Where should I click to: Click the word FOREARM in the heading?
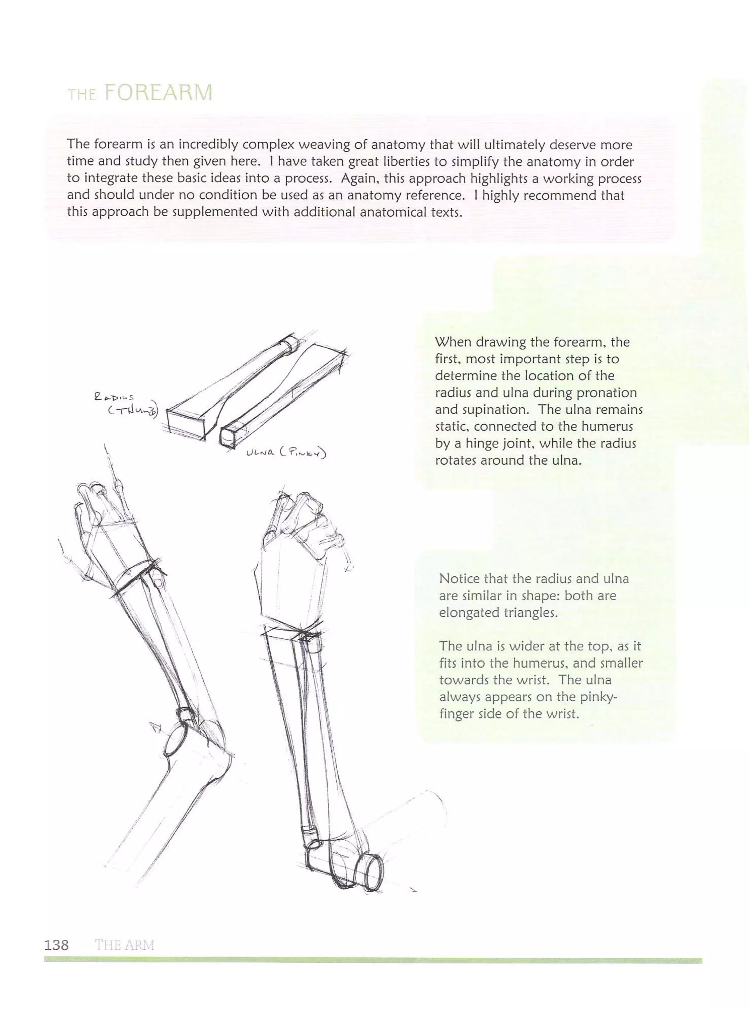pyautogui.click(x=158, y=93)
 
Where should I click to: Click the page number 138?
pyautogui.click(x=57, y=945)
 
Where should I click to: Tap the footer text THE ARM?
pyautogui.click(x=125, y=945)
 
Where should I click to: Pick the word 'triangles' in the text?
pyautogui.click(x=530, y=613)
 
